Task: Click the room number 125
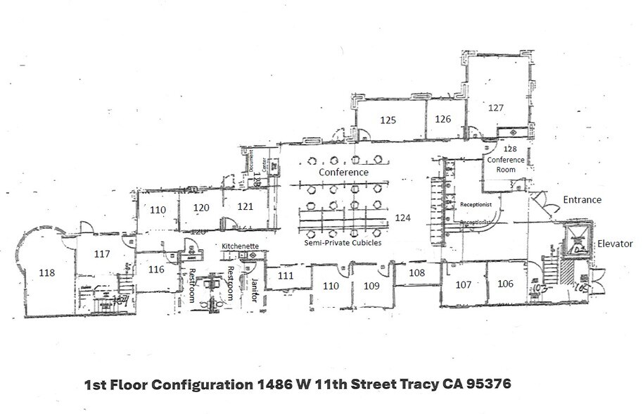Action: coord(388,120)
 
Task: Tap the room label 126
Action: coord(443,119)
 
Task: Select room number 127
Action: coord(496,108)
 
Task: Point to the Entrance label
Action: coord(582,200)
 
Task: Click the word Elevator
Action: coord(615,244)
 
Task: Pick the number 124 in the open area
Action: coord(402,218)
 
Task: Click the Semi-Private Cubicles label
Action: coord(343,243)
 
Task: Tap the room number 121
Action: coord(245,207)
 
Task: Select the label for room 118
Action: coord(47,273)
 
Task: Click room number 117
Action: coord(102,253)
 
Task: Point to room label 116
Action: coord(156,270)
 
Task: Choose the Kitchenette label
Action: coord(240,246)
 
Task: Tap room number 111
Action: coord(285,276)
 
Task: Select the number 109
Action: coord(371,286)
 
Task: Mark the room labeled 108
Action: coord(417,271)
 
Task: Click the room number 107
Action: coord(463,284)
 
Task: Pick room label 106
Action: coord(505,284)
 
